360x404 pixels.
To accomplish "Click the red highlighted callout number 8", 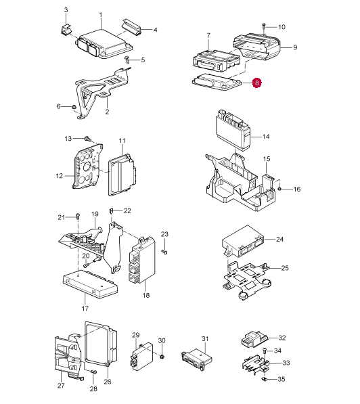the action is pos(257,83).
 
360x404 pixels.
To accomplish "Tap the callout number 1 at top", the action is pos(101,15).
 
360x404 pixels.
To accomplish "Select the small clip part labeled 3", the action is pos(66,30).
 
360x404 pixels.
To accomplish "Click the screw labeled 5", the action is pos(127,60).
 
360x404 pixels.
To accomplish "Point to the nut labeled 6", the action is pos(74,107).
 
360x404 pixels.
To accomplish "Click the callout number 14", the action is pos(266,137).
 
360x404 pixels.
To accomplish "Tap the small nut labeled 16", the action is pos(279,189).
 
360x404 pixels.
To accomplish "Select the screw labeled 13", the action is pos(87,139).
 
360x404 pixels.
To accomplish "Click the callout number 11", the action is pos(122,141).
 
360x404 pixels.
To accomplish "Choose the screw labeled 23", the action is pos(164,252).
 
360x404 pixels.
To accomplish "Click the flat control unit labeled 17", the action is pos(90,284).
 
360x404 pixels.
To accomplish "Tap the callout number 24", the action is pos(279,240).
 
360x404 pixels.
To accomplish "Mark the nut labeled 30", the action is pos(162,357).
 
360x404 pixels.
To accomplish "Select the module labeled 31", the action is pos(197,359).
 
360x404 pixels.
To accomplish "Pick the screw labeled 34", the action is pos(265,351).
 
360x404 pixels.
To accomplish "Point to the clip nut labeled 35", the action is pos(264,379).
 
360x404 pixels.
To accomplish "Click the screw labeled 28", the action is pos(93,372).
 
